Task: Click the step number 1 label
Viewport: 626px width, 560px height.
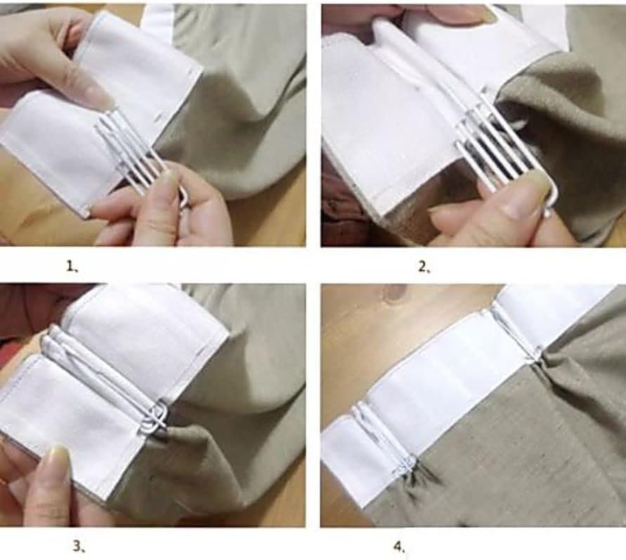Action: point(72,266)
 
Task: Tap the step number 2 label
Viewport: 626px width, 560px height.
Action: point(424,267)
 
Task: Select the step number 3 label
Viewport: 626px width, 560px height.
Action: point(79,546)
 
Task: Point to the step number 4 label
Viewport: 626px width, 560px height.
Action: point(399,547)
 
